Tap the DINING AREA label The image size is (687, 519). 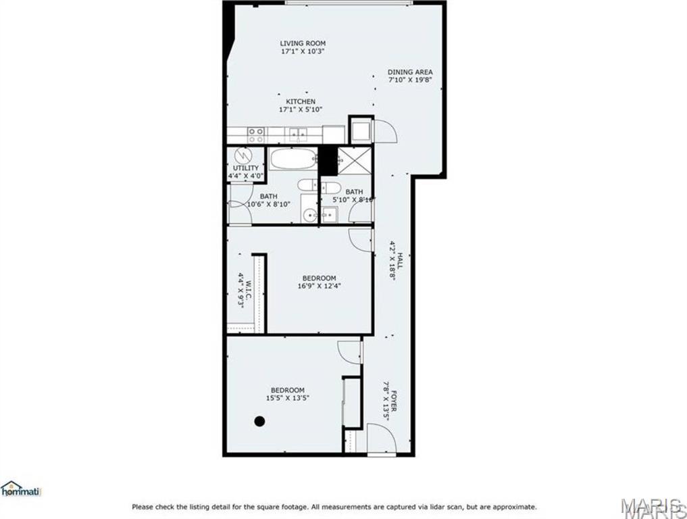pos(410,72)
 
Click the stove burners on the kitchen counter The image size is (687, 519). pos(255,134)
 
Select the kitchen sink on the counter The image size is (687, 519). pos(298,134)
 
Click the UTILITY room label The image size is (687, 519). pos(245,168)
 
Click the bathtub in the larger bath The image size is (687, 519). pos(293,159)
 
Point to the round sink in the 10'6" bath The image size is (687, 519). pos(310,216)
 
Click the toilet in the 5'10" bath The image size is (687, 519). pos(330,186)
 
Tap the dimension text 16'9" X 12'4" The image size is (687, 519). pos(319,286)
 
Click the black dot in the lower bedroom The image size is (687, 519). pos(259,421)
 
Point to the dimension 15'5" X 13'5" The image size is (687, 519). pos(287,398)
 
